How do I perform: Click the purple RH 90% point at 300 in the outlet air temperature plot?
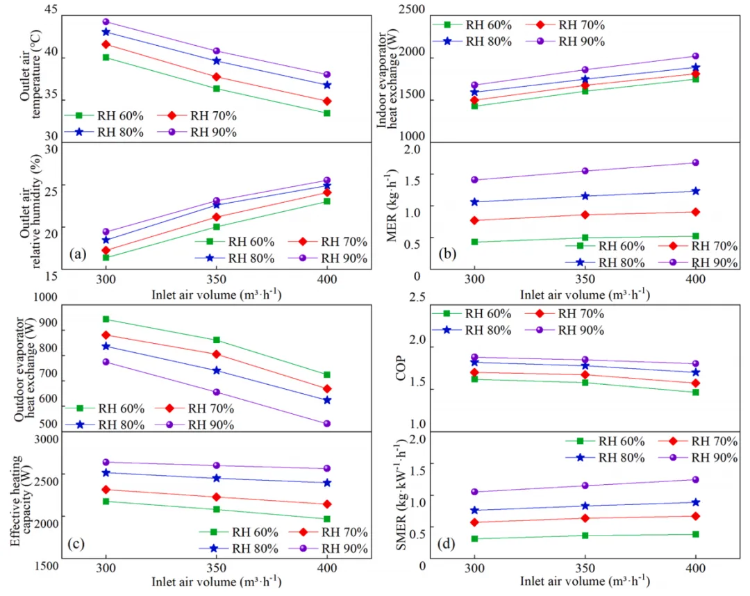coord(106,22)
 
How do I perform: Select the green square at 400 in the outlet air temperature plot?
coord(327,113)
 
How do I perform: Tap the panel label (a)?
coord(77,254)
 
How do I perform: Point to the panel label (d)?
coord(446,543)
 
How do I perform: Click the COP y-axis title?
coord(401,370)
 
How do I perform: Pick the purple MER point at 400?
coord(695,163)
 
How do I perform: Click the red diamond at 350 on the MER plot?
coord(585,214)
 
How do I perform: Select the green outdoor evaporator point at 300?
coord(106,319)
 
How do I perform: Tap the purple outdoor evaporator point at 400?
coord(327,423)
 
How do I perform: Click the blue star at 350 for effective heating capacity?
coord(216,478)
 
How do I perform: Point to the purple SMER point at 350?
coord(585,486)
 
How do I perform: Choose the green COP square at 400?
coord(695,392)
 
